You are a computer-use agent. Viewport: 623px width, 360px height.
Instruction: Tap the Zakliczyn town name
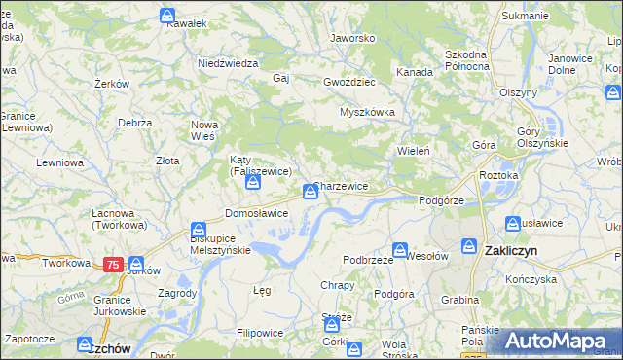pos(510,250)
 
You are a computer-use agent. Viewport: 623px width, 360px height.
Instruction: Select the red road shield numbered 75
pos(113,264)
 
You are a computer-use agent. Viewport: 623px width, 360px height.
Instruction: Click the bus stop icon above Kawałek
pos(167,17)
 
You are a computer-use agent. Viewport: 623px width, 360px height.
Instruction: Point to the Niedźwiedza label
pos(227,62)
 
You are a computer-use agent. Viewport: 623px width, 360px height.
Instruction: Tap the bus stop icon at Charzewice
pos(310,192)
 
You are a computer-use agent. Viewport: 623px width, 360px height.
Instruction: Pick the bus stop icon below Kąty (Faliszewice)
pos(252,182)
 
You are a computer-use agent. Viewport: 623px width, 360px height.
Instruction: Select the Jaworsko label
pos(352,38)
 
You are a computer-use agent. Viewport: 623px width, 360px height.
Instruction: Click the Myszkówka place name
pos(367,112)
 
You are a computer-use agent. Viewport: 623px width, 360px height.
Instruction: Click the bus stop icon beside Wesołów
pos(399,250)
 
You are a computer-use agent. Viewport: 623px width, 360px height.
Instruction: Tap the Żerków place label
pos(113,84)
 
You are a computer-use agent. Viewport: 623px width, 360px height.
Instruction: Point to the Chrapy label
pos(337,285)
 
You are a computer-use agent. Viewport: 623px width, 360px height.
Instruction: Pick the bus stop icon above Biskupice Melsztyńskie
pos(199,226)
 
